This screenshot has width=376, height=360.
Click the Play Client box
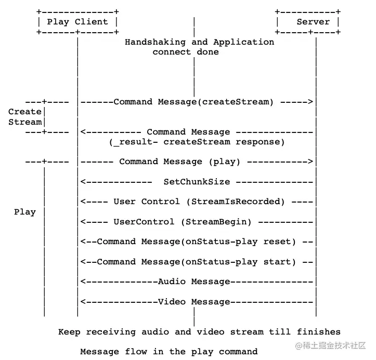pyautogui.click(x=77, y=22)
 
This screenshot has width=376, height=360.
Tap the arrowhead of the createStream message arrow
pyautogui.click(x=311, y=102)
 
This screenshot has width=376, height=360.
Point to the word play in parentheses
pyautogui.click(x=224, y=162)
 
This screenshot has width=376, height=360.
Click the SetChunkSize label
pyautogui.click(x=197, y=182)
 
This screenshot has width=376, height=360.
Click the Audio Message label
pyautogui.click(x=194, y=282)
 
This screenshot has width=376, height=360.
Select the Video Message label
pyautogui.click(x=194, y=302)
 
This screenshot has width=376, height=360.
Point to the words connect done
pyautogui.click(x=185, y=52)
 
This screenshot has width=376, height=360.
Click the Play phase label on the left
pyautogui.click(x=25, y=212)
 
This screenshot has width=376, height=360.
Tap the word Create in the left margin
pyautogui.click(x=24, y=112)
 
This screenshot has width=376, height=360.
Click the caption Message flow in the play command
pyautogui.click(x=168, y=352)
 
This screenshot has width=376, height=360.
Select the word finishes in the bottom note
pyautogui.click(x=319, y=331)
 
